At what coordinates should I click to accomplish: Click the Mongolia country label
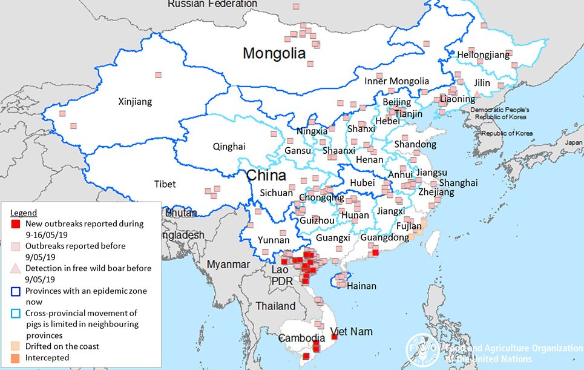click(x=274, y=53)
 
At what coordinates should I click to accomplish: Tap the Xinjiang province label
click(x=134, y=101)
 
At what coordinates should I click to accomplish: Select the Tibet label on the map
click(x=165, y=183)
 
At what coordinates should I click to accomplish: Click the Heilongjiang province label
click(x=484, y=55)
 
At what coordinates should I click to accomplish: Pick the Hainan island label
click(x=362, y=286)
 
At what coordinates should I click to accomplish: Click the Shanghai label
click(x=458, y=183)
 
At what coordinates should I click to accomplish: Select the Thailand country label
click(x=275, y=306)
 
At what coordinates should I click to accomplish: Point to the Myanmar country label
click(x=227, y=264)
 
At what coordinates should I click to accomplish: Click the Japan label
click(x=573, y=144)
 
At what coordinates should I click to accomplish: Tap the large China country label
click(x=266, y=176)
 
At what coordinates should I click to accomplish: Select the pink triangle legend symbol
click(x=16, y=268)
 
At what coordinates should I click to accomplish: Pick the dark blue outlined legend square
click(x=16, y=291)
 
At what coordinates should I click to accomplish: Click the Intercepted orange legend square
click(x=16, y=358)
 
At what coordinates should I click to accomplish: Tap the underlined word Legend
click(x=24, y=213)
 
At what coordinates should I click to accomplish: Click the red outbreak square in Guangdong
click(x=375, y=253)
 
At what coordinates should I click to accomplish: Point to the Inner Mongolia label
click(x=396, y=81)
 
